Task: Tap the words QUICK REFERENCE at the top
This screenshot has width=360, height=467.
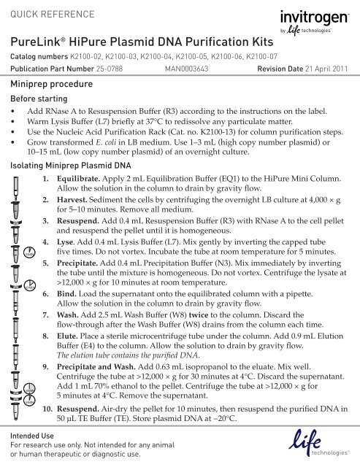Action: coord(48,10)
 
